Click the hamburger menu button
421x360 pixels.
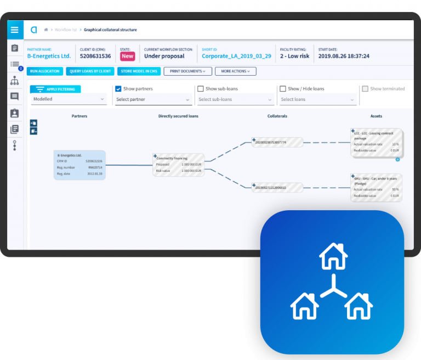click(15, 30)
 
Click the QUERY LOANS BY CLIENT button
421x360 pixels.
click(90, 71)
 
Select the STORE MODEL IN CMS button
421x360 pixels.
click(138, 71)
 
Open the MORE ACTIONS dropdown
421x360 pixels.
click(235, 71)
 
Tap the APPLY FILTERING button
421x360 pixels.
click(55, 89)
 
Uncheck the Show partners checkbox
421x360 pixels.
click(118, 89)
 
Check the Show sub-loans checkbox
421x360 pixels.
click(201, 89)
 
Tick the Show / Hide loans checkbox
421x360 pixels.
click(283, 89)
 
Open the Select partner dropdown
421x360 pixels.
click(152, 99)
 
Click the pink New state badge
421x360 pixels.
click(127, 56)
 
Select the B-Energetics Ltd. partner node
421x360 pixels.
click(79, 165)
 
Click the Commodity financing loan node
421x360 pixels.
click(178, 165)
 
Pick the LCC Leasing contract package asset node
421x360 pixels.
click(377, 143)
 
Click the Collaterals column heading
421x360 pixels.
click(277, 116)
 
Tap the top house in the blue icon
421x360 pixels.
click(333, 257)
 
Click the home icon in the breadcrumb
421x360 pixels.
click(46, 30)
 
